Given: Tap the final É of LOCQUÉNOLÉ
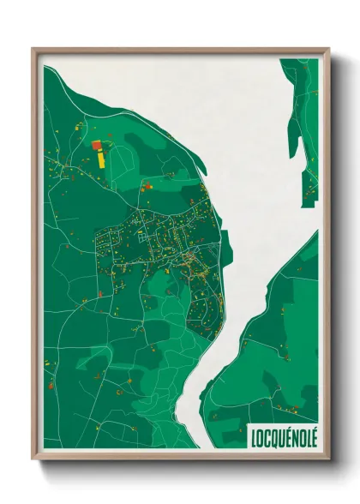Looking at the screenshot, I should tap(313, 437).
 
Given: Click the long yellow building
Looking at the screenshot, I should tap(101, 158).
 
